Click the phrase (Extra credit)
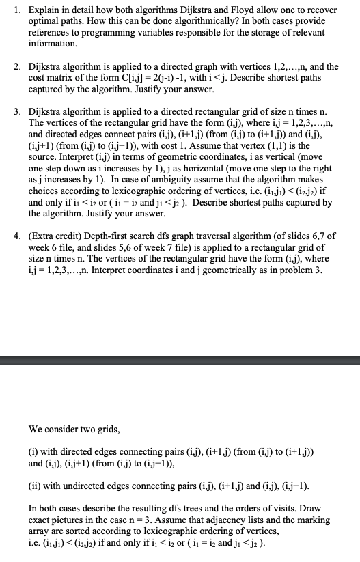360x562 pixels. pos(57,236)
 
